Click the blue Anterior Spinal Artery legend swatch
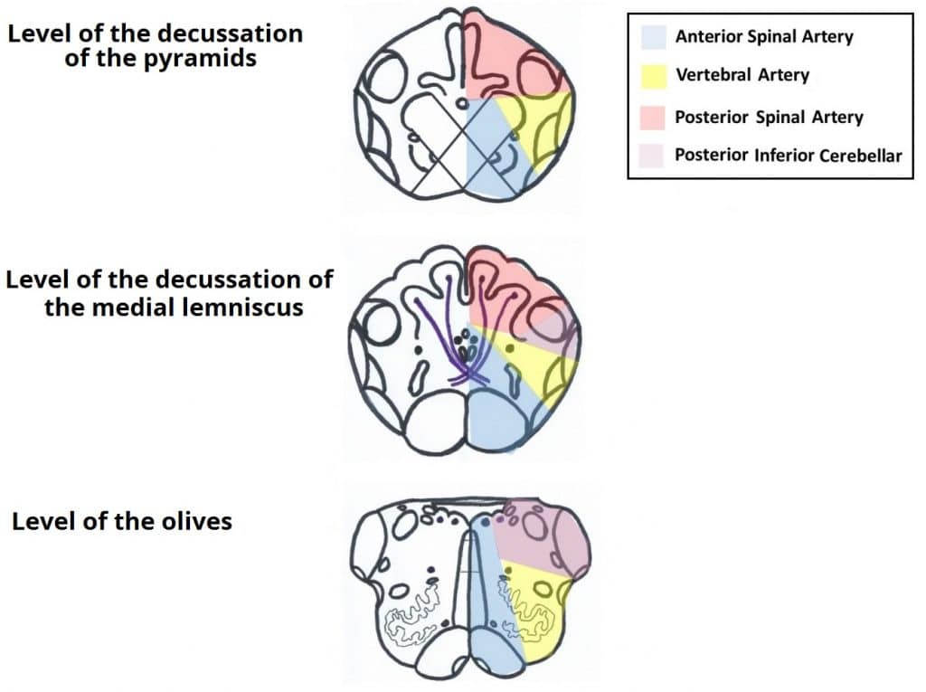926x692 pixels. (653, 37)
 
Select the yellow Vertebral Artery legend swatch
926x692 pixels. (653, 74)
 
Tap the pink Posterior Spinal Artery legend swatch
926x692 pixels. (653, 117)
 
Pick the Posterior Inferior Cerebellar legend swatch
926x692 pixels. (653, 156)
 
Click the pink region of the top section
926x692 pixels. (506, 54)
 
